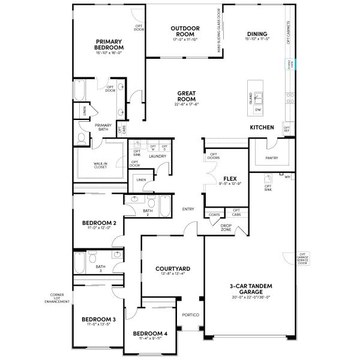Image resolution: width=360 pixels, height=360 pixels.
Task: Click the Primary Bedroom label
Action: [x=109, y=44]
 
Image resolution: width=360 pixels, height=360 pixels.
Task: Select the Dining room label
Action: [x=256, y=34]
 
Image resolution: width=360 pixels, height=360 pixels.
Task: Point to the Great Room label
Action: [x=187, y=96]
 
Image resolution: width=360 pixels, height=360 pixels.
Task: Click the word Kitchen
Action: [x=262, y=127]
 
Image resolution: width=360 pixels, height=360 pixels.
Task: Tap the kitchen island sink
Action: [x=259, y=97]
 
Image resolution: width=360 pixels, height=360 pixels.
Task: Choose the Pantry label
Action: [x=271, y=158]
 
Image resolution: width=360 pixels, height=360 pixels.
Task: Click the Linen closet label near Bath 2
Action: [x=141, y=179]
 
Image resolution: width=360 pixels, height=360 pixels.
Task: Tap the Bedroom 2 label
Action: [x=99, y=223]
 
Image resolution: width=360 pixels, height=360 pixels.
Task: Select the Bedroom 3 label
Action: [x=99, y=319]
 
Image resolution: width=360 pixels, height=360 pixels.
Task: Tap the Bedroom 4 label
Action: [x=150, y=333]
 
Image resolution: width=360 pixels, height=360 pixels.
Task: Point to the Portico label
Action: [x=190, y=315]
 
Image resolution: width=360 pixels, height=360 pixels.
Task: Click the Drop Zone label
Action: [x=226, y=227]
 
